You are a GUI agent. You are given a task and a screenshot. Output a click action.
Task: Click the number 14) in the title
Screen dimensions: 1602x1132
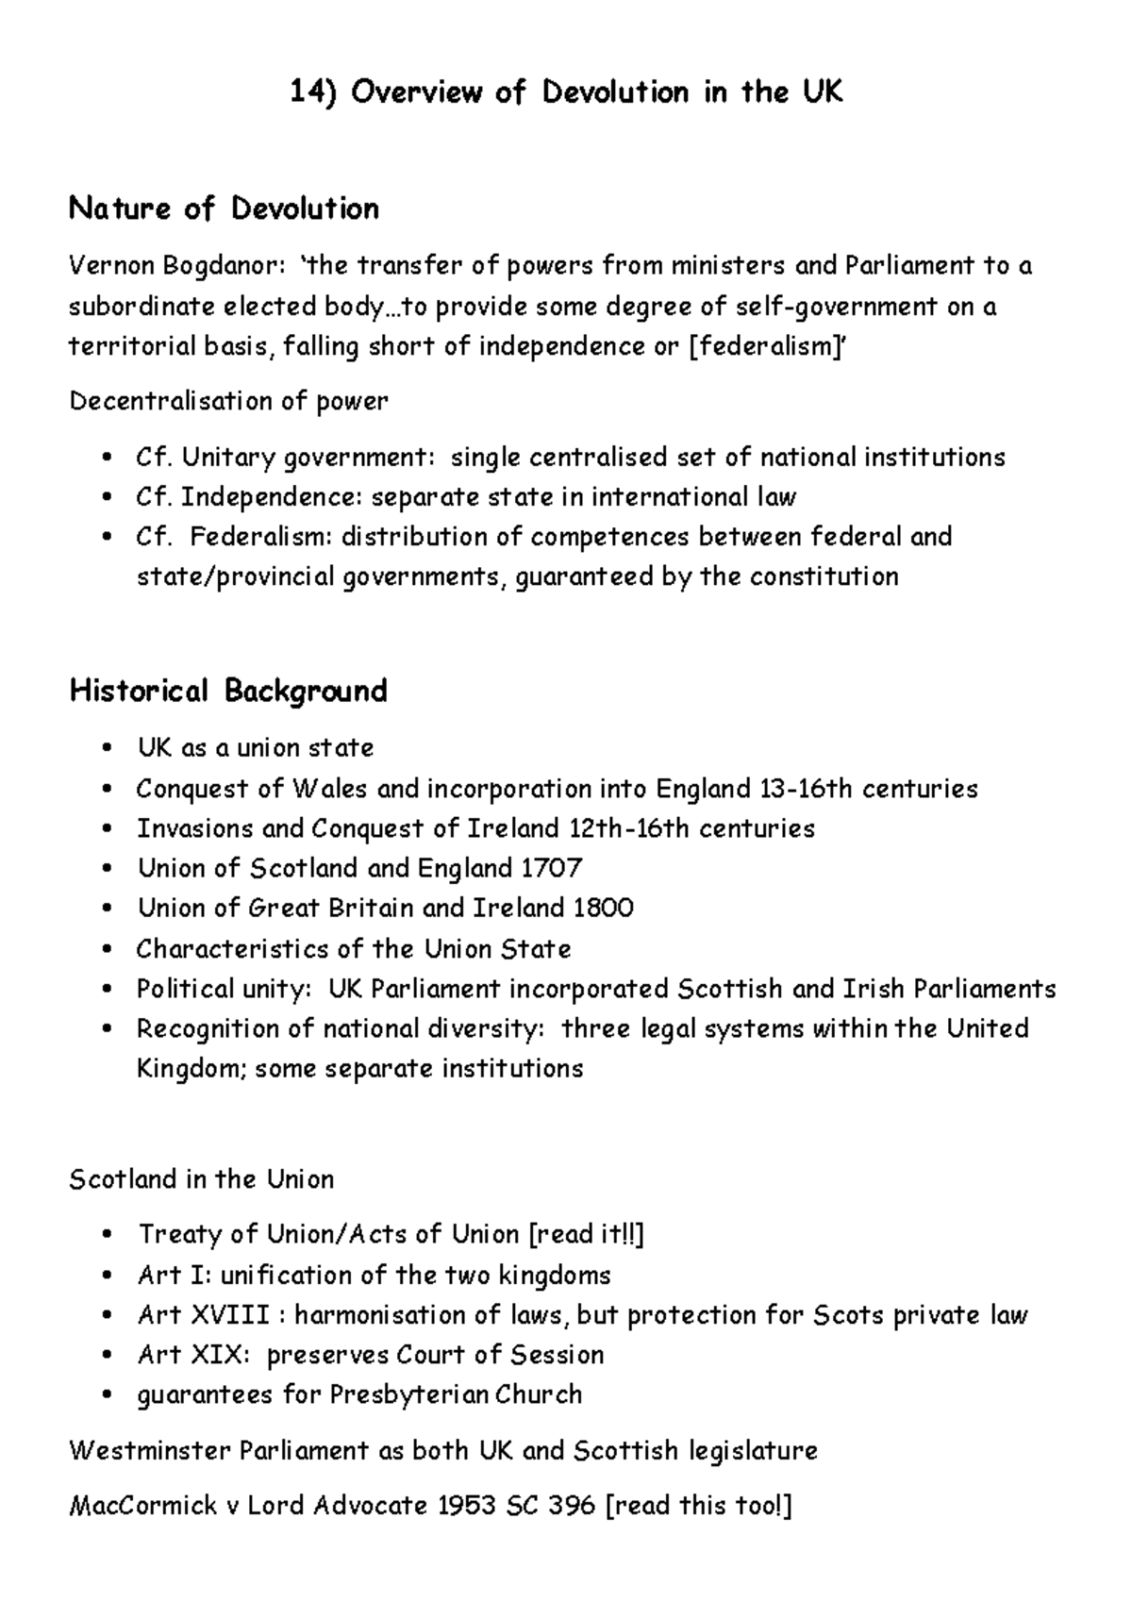[x=313, y=92]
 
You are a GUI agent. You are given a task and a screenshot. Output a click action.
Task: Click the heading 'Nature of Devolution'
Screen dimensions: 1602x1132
[x=224, y=209]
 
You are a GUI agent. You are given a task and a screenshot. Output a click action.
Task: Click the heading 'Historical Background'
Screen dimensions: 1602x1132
[x=228, y=692]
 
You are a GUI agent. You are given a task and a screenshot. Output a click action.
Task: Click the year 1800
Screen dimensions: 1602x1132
[x=603, y=909]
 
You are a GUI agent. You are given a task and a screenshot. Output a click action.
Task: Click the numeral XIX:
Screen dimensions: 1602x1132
[x=221, y=1356]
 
